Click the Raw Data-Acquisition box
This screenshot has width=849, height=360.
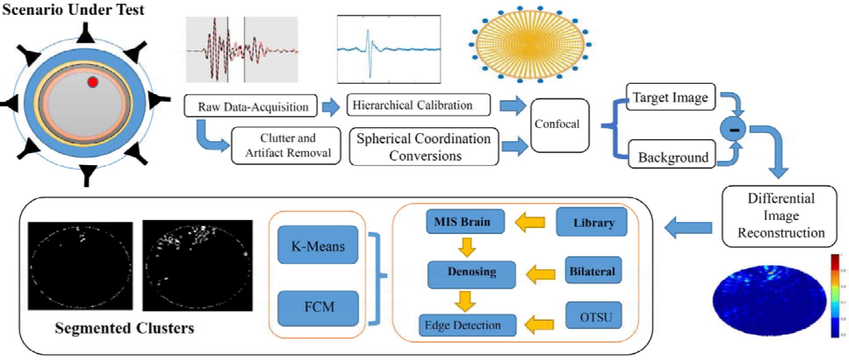point(251,106)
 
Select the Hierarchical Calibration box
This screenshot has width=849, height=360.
point(418,105)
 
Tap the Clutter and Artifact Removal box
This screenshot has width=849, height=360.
point(286,146)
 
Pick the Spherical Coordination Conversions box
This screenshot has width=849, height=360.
point(423,147)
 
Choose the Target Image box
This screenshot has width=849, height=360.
point(670,97)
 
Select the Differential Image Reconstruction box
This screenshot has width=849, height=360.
point(779,216)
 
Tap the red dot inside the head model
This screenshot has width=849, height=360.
point(92,82)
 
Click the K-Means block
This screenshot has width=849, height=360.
point(317,246)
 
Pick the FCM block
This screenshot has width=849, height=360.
point(318,307)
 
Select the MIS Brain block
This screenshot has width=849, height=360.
point(465,221)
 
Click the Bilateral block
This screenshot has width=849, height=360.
point(593,271)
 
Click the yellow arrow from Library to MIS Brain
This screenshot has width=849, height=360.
point(530,222)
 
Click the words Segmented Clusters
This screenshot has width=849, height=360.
point(124,328)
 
